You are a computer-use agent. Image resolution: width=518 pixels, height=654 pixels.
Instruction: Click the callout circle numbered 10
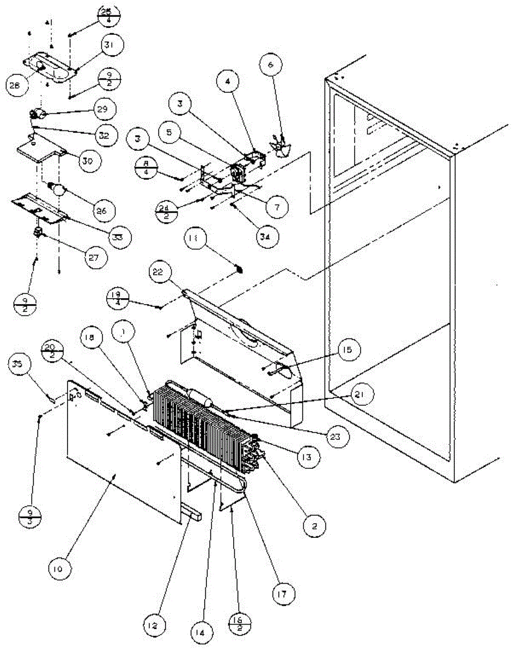pos(59,569)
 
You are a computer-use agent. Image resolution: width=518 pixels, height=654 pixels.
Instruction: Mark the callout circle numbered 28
pos(16,86)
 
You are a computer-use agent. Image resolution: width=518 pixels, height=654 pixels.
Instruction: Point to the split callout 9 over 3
pos(30,514)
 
